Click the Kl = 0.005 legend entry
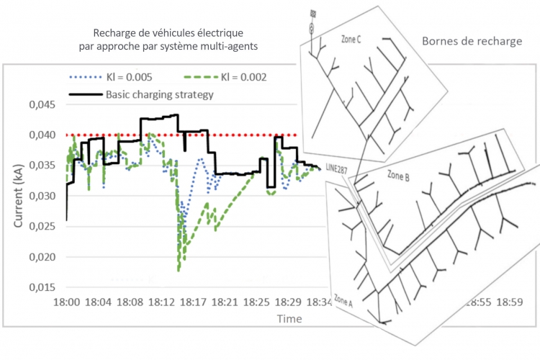click(111, 77)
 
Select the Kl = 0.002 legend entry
click(225, 77)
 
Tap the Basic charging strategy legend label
click(159, 94)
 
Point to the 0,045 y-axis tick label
click(42, 104)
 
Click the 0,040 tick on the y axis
click(42, 135)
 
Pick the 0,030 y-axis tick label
click(42, 196)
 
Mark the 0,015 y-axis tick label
click(42, 287)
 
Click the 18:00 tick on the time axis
click(66, 302)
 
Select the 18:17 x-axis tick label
click(193, 302)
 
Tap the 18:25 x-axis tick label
click(256, 302)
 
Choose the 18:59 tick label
click(510, 302)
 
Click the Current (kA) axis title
click(18, 196)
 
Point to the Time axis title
click(289, 319)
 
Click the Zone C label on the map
click(351, 40)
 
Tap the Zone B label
click(398, 176)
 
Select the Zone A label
click(343, 300)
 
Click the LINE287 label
click(336, 168)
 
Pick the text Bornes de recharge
click(472, 41)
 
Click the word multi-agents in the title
click(230, 46)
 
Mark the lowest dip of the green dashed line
click(179, 271)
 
